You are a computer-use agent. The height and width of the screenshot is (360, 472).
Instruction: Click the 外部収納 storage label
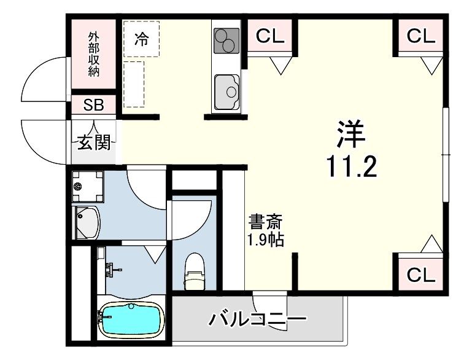(93, 53)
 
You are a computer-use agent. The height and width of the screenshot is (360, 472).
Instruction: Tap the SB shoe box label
(94, 104)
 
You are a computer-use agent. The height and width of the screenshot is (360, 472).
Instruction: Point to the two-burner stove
(226, 41)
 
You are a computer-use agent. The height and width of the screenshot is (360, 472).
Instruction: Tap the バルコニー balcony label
(257, 320)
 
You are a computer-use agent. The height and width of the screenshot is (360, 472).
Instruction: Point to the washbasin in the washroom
(87, 223)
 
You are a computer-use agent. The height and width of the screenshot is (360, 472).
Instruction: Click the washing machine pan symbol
(87, 185)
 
